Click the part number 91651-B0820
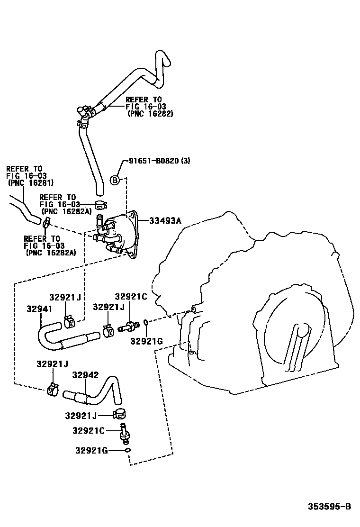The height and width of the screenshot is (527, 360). (x=154, y=161)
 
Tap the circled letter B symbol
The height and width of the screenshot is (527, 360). (x=114, y=180)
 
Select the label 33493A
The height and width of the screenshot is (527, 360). (x=166, y=220)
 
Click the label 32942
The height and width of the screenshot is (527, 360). (x=85, y=375)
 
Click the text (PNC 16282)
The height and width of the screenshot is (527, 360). (x=151, y=114)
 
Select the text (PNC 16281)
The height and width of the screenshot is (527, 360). (x=30, y=182)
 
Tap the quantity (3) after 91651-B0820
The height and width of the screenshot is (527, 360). (x=186, y=161)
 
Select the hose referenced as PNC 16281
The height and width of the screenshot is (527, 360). (x=24, y=211)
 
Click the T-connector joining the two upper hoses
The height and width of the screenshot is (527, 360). (x=84, y=114)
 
